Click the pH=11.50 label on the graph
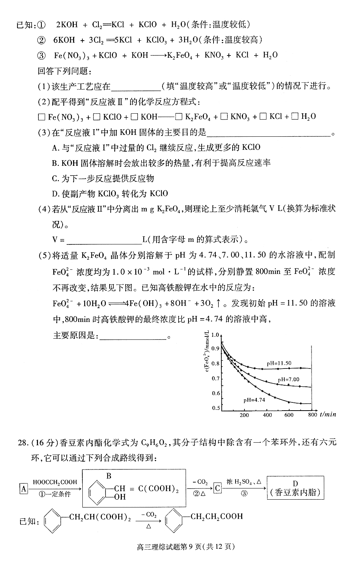coord(279,363)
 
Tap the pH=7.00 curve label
coord(288,379)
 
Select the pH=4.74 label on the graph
coord(254,400)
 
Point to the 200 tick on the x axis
coord(244,415)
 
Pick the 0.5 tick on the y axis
coord(216,408)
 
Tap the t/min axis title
coord(328,414)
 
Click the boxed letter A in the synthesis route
coord(24,488)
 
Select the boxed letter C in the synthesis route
coord(217,488)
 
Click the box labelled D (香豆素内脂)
coord(295,488)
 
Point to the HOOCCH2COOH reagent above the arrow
coord(55,482)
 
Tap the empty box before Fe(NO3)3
coord(41,117)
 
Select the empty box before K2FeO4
coord(179,117)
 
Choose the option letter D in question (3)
coord(55,194)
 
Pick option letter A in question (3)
coord(55,148)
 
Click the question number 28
coord(23,443)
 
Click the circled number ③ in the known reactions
coord(41,56)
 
